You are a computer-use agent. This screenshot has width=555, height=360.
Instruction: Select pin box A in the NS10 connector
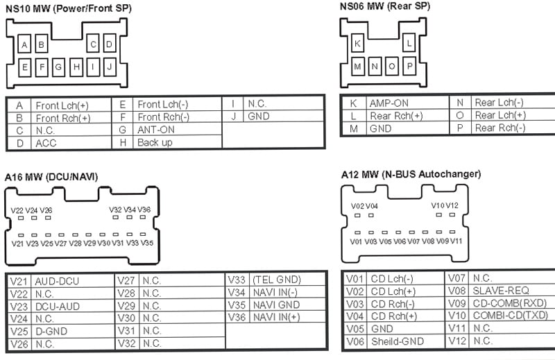pos(24,46)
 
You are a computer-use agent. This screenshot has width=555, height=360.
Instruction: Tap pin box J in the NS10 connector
pos(109,68)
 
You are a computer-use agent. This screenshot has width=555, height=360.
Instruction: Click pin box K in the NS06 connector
pos(358,44)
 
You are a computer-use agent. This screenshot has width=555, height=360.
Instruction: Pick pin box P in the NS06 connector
pos(409,67)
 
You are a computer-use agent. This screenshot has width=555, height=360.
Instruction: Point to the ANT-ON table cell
pos(156,130)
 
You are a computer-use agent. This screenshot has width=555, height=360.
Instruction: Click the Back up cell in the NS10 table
pos(155,142)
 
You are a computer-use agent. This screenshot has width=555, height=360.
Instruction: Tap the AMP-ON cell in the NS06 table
pos(389,103)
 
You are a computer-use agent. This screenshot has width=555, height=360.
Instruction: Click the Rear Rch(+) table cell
pos(396,116)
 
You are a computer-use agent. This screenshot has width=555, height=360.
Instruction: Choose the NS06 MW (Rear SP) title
pos(384,6)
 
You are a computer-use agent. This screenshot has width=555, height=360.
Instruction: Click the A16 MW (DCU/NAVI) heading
pos(51,178)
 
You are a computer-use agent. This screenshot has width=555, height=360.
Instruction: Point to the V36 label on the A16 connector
pos(144,209)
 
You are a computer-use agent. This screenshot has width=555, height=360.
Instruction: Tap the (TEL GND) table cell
pos(276,280)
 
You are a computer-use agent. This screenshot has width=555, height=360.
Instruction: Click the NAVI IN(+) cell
pos(276,317)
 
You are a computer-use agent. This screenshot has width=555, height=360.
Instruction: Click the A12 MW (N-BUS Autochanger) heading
pos(411,174)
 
